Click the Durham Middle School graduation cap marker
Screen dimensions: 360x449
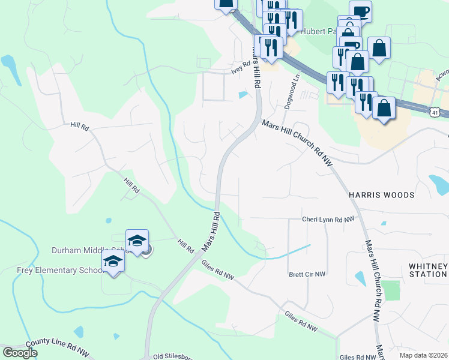coord(137,241)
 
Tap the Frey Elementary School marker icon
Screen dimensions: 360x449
coord(112,261)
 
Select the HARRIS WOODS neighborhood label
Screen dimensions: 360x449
coord(382,195)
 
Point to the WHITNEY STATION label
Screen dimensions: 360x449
coord(427,270)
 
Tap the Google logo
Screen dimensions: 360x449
coord(20,353)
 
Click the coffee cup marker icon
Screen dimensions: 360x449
coord(360,11)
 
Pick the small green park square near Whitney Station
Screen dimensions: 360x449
coord(390,290)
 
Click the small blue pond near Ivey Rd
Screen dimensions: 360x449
coord(243,95)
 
